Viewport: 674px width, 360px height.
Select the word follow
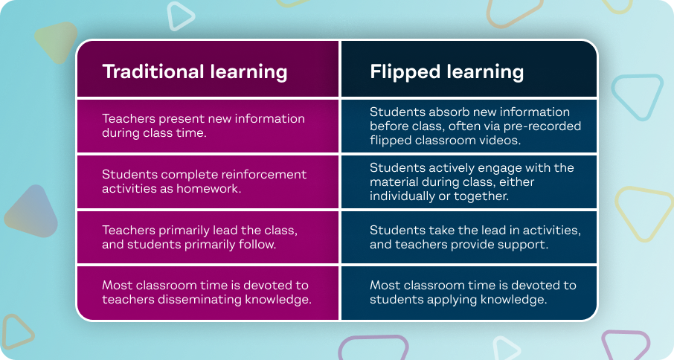[259, 244]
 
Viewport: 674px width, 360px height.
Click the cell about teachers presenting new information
[208, 126]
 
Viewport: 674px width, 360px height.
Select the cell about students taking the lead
[469, 237]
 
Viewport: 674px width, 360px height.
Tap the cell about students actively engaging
[469, 181]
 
